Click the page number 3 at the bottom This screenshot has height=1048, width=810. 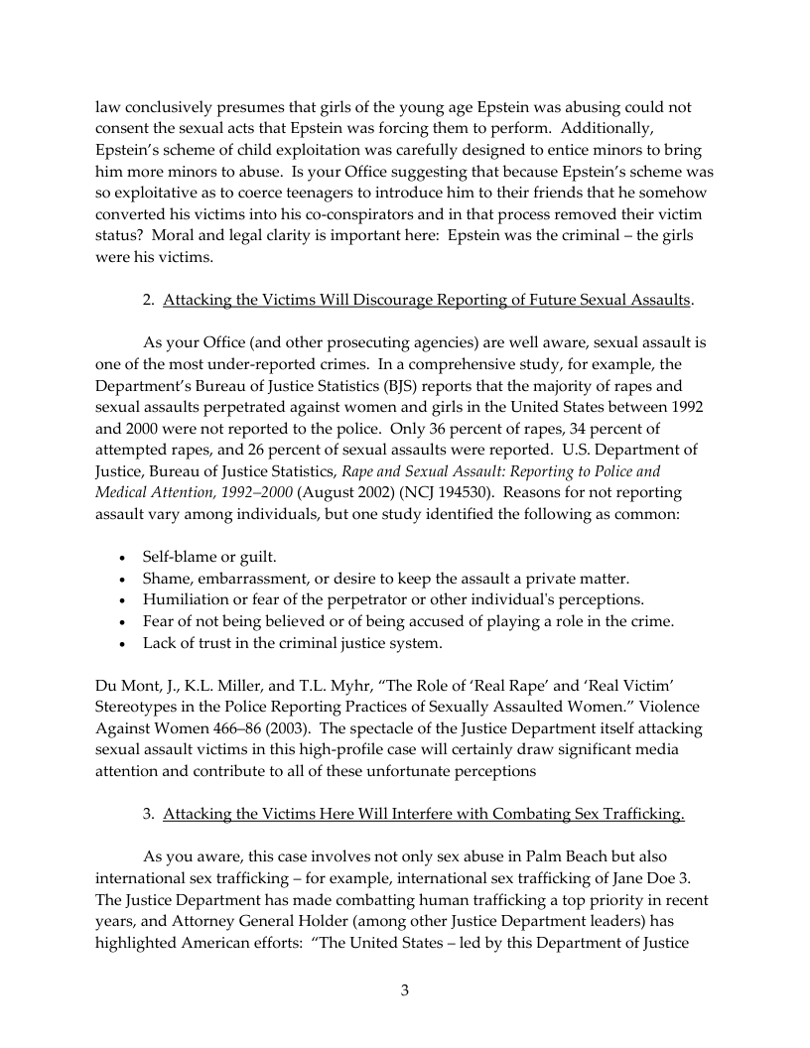[405, 990]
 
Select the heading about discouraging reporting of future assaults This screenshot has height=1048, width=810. [427, 299]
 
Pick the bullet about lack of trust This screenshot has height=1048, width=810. [293, 643]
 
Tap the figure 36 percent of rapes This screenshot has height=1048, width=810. [484, 428]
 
